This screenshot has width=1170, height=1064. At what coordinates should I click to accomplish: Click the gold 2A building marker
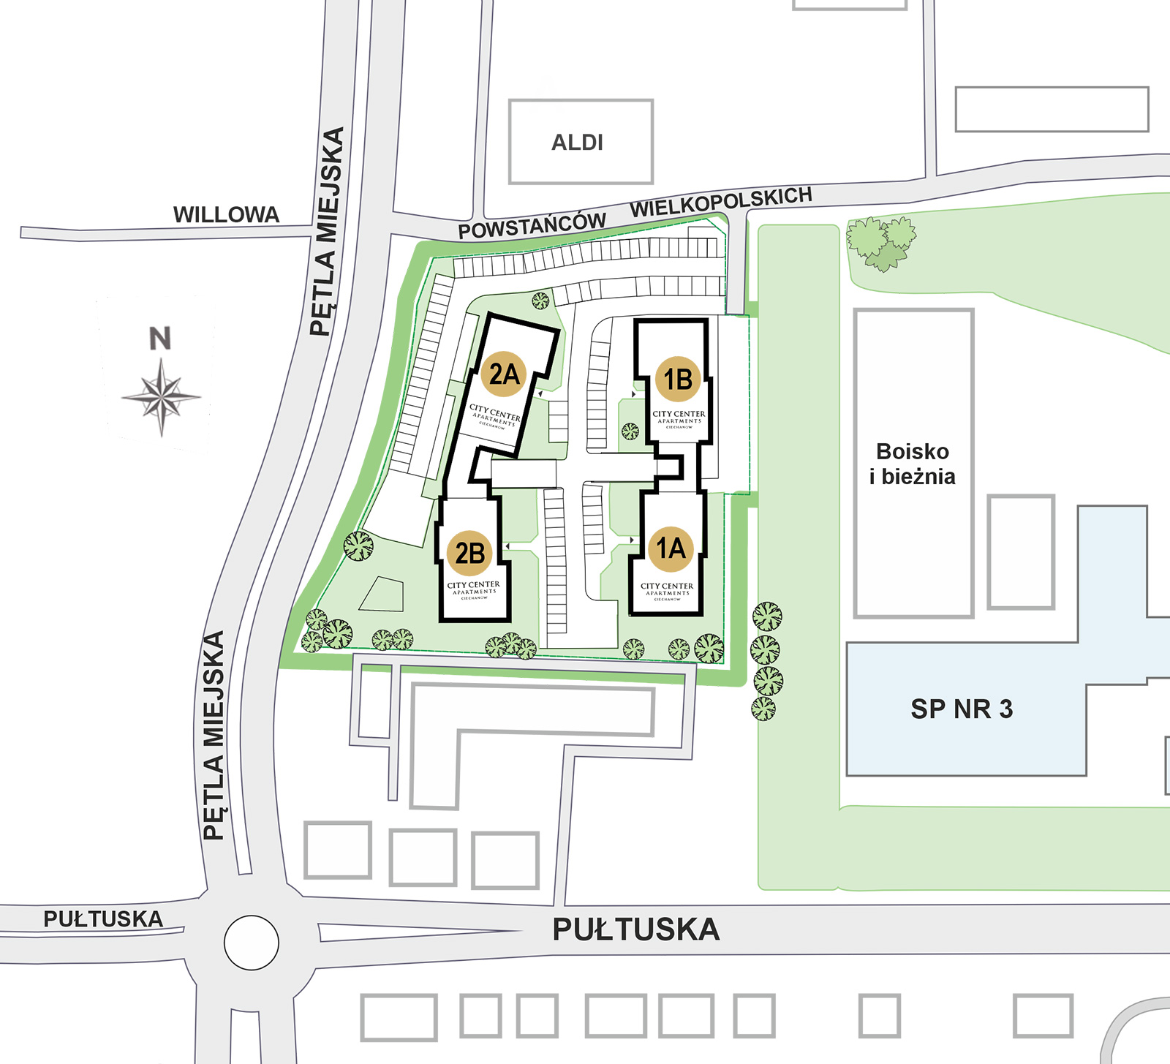coord(503,374)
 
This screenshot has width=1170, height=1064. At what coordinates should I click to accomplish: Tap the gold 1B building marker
coord(678,379)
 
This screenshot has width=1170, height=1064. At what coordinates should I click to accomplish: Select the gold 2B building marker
coord(470,553)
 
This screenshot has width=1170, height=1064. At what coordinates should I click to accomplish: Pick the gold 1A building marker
coord(671,548)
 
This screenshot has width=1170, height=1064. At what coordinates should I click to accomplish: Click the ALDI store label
coord(578,142)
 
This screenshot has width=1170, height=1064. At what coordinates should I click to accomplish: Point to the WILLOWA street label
coord(226,214)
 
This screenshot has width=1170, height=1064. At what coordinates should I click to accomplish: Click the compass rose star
coord(161,397)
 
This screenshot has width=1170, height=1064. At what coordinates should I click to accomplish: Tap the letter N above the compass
coord(160,339)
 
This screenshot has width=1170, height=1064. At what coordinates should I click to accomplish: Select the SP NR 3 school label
coord(962,709)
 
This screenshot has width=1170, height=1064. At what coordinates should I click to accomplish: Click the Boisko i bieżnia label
coord(913,464)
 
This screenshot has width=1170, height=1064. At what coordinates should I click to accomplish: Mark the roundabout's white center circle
coord(251,943)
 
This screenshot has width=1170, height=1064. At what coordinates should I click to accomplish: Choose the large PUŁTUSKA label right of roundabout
coord(635,929)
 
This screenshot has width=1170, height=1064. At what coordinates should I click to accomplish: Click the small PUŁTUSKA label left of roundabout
coord(103,918)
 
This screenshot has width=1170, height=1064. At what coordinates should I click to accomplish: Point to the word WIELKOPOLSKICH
coord(721,201)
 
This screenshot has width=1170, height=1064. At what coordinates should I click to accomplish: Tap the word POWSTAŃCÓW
coord(532,225)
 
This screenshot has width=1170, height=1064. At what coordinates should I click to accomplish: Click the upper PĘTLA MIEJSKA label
coord(327,231)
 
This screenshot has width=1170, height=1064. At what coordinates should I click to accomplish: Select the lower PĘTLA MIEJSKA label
coord(213,735)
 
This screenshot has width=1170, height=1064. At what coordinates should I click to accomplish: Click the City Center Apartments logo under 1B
coord(679,418)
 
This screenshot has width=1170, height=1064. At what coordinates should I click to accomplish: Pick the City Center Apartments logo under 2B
coord(474,589)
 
